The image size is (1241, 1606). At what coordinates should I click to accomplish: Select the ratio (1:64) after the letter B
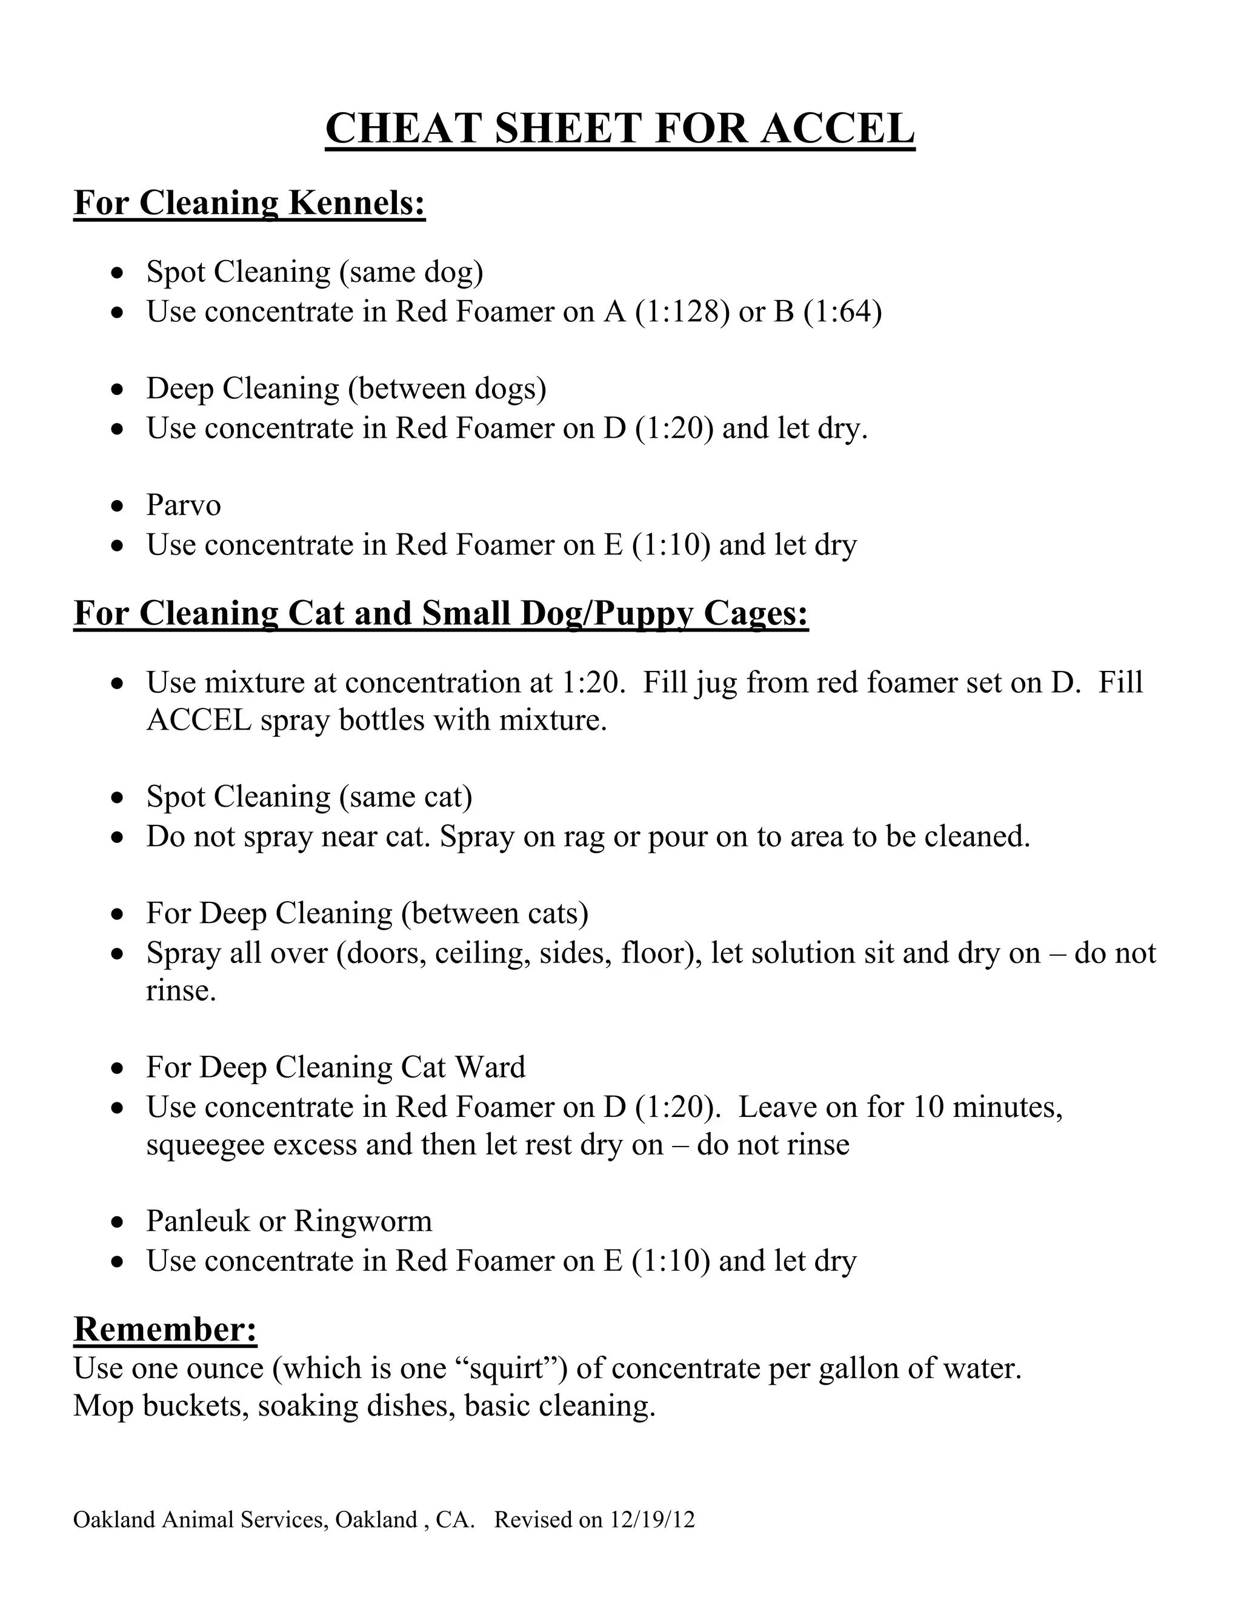842,311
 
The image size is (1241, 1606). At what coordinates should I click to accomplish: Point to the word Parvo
183,505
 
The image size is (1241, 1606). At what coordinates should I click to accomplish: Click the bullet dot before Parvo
117,507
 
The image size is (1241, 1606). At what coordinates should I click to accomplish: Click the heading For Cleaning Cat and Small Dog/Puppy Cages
441,613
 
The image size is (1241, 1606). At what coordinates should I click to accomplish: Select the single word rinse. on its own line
181,990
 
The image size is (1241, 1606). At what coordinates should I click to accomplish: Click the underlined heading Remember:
165,1329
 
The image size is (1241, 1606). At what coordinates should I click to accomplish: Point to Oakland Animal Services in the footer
199,1519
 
